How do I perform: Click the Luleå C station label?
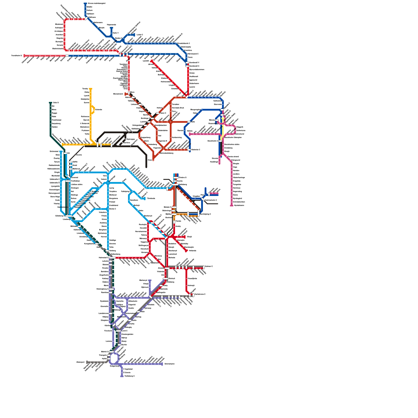[x=140, y=34]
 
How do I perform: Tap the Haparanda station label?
[x=111, y=25]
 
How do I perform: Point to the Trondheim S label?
[x=16, y=56]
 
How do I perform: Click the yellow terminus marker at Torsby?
[x=90, y=89]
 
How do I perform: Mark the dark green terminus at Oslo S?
[x=50, y=103]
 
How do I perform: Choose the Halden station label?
[x=55, y=127]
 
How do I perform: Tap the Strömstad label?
[x=54, y=151]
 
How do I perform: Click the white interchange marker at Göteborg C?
[x=68, y=216]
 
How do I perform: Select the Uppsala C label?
[x=227, y=104]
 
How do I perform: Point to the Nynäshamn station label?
[x=239, y=205]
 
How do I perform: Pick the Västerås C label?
[x=195, y=150]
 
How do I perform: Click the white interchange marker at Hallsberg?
[x=175, y=184]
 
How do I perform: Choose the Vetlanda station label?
[x=192, y=251]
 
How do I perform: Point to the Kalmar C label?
[x=209, y=266]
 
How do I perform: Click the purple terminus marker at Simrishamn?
[x=162, y=364]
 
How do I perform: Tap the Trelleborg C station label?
[x=129, y=376]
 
